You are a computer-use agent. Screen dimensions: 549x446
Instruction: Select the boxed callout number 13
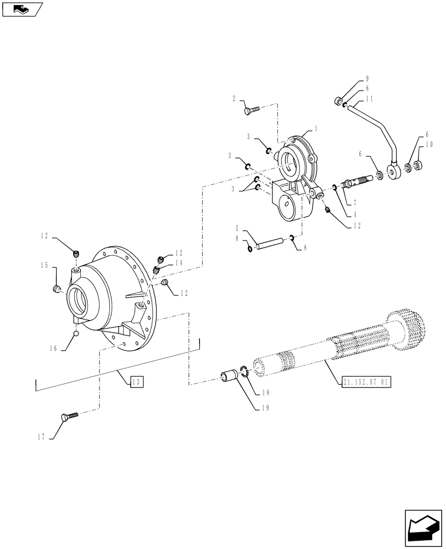tap(137, 382)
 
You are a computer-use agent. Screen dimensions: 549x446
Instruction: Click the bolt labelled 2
tap(250, 111)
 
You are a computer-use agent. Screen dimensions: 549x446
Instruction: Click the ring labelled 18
tap(244, 373)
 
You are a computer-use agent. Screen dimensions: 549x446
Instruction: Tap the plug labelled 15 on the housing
tap(57, 288)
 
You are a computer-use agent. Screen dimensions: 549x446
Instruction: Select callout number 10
tap(429, 145)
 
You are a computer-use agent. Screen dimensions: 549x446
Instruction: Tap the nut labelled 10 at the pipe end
tap(418, 165)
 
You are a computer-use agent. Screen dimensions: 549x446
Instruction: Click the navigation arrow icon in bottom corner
tap(423, 528)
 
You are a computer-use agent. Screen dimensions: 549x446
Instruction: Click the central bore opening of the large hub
tap(77, 302)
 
